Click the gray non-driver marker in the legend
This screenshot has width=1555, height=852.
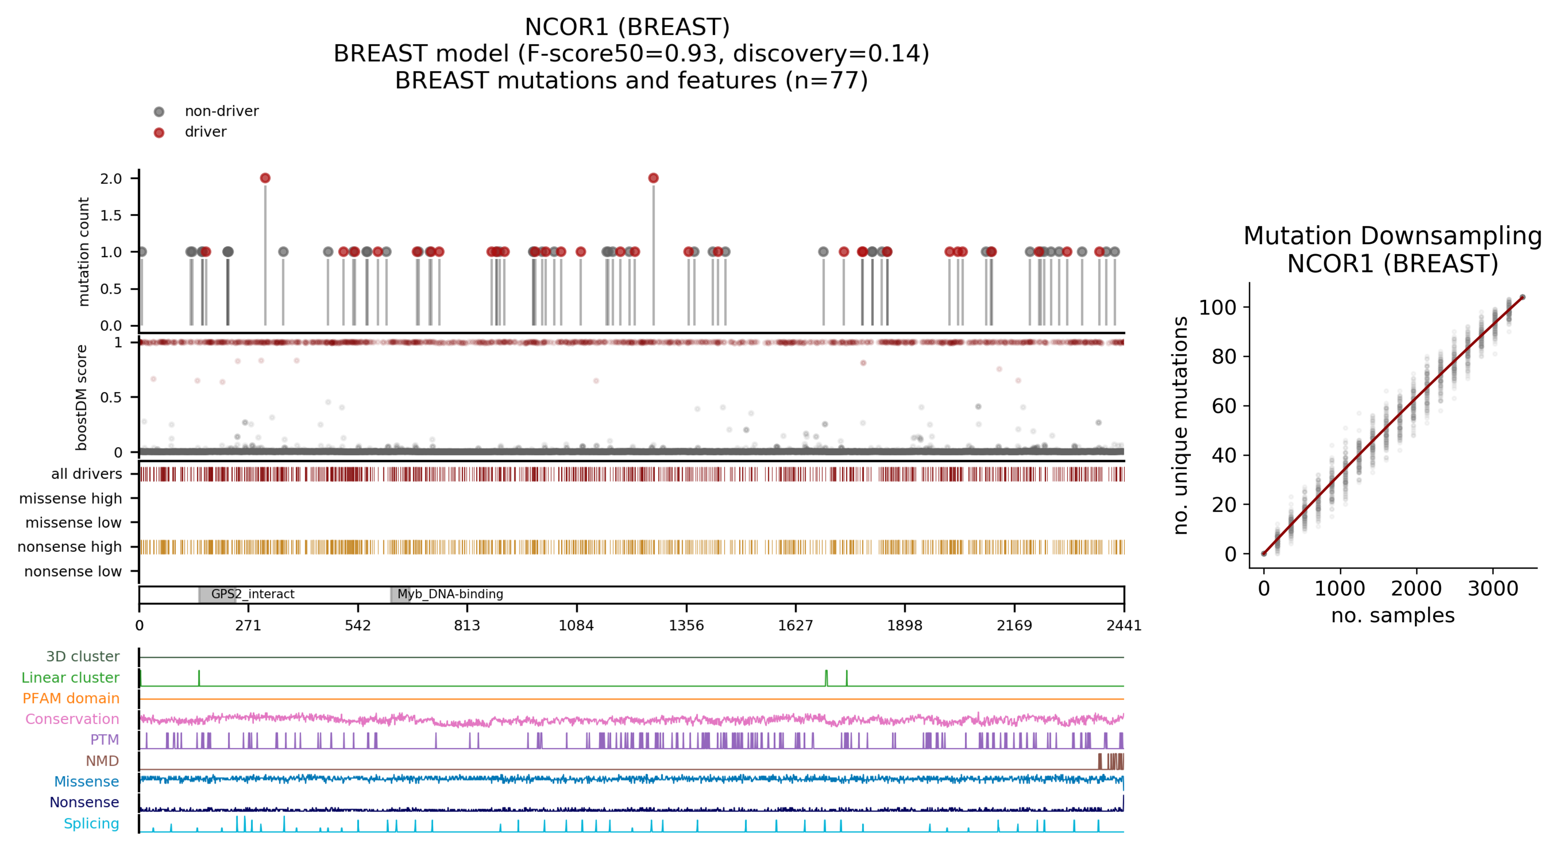(x=159, y=112)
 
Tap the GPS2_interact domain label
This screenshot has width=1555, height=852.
(x=252, y=594)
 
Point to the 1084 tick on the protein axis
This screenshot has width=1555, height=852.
(x=576, y=625)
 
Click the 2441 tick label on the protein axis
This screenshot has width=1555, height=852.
(x=1124, y=625)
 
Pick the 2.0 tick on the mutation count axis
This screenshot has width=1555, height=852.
(x=111, y=179)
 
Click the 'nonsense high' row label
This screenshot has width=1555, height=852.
(x=70, y=547)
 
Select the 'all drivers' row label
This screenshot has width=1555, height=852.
(x=86, y=474)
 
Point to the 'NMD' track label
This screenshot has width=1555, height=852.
(x=102, y=761)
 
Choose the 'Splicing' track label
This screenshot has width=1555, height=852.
(x=91, y=824)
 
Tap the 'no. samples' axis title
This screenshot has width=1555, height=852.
(x=1393, y=615)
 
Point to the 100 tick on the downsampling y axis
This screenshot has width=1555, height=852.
(x=1216, y=308)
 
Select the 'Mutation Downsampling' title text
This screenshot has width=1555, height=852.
(x=1392, y=236)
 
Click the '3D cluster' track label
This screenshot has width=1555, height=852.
(x=83, y=656)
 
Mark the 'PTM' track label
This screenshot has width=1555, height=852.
(x=104, y=740)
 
